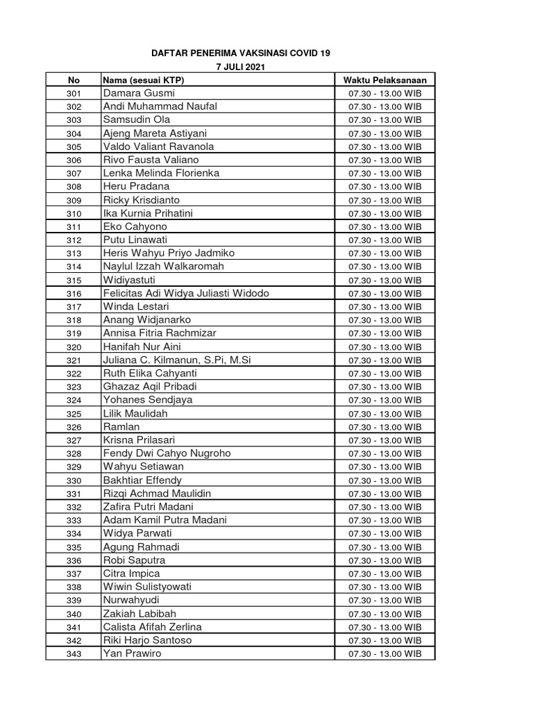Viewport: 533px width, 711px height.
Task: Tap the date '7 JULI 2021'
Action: click(x=241, y=67)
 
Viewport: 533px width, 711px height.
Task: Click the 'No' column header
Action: click(x=74, y=80)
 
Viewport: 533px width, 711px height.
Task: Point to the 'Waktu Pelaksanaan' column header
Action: click(x=385, y=80)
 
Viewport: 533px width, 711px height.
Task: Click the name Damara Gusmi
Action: click(x=139, y=93)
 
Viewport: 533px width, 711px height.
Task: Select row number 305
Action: click(x=74, y=147)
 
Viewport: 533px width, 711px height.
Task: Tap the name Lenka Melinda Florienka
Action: click(x=161, y=173)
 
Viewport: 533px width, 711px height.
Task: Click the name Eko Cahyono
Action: click(x=135, y=226)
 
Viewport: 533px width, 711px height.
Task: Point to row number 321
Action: click(x=74, y=360)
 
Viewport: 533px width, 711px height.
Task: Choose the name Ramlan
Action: click(x=121, y=426)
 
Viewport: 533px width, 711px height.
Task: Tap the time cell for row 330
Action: click(x=385, y=480)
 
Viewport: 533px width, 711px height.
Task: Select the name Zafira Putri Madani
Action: click(x=148, y=507)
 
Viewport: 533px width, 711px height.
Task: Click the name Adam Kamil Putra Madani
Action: click(x=164, y=520)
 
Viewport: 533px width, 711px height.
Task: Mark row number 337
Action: click(x=74, y=574)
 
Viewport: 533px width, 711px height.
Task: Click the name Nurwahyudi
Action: click(x=131, y=600)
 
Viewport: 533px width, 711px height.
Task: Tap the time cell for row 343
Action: click(x=385, y=653)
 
